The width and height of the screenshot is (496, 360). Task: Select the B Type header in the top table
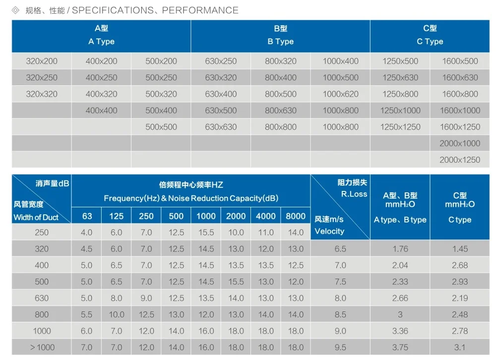click(280, 42)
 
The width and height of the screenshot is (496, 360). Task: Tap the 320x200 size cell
click(42, 61)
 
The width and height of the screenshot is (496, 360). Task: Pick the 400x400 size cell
click(102, 111)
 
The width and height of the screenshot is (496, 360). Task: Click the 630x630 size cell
click(221, 127)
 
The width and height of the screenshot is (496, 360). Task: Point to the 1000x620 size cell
click(340, 94)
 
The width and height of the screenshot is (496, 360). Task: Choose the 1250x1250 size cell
click(400, 127)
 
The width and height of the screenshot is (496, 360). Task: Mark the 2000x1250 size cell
click(460, 160)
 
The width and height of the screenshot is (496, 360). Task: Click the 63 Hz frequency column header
click(87, 216)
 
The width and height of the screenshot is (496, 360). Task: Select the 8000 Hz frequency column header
click(296, 216)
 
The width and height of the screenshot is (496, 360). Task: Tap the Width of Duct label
click(36, 217)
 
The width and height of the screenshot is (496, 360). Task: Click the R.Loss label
click(354, 194)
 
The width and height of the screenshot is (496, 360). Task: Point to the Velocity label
click(329, 231)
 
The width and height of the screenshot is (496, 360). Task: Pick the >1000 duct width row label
click(42, 348)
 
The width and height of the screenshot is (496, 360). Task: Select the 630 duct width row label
click(42, 299)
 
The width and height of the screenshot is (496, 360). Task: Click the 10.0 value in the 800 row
click(117, 315)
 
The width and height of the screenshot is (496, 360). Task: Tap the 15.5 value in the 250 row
click(206, 233)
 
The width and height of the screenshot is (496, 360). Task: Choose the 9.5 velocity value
click(340, 348)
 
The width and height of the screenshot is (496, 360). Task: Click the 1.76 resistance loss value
click(400, 249)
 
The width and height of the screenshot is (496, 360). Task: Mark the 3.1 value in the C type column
click(460, 348)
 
